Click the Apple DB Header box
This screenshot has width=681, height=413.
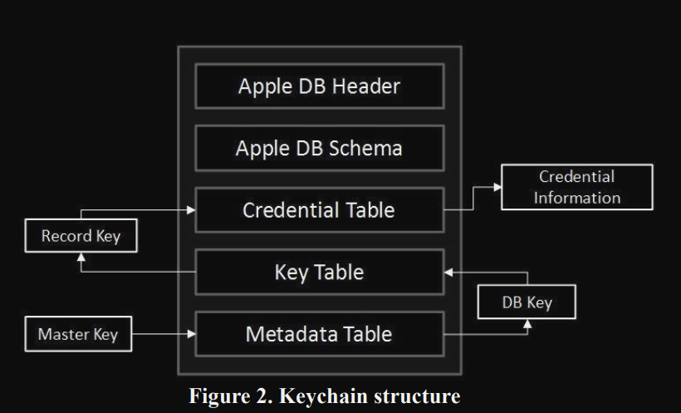pyautogui.click(x=319, y=86)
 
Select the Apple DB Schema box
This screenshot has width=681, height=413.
pyautogui.click(x=319, y=148)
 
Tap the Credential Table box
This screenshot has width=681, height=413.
pyautogui.click(x=319, y=210)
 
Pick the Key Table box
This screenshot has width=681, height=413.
pyautogui.click(x=319, y=272)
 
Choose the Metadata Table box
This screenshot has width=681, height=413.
pyautogui.click(x=319, y=334)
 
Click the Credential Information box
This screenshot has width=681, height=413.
pyautogui.click(x=576, y=187)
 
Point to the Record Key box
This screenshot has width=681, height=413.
pyautogui.click(x=81, y=236)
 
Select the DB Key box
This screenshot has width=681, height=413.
pyautogui.click(x=527, y=302)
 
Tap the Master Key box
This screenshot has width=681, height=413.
pyautogui.click(x=78, y=335)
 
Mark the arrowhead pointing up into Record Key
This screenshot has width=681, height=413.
pyautogui.click(x=81, y=257)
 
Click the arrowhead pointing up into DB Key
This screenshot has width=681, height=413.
pyautogui.click(x=527, y=324)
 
